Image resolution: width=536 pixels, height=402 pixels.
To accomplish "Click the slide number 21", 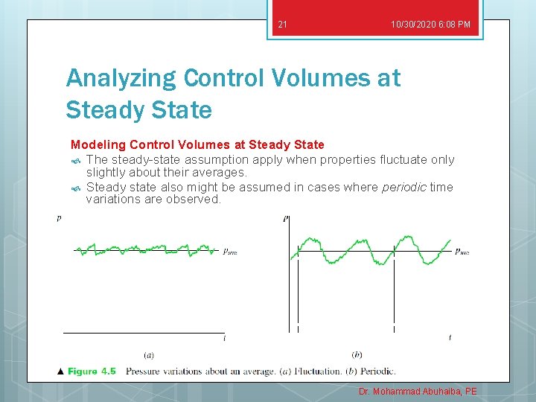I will coord(282,25).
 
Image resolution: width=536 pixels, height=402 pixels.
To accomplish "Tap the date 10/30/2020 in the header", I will coord(415,25).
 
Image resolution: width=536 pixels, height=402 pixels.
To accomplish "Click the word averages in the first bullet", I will coord(219,173).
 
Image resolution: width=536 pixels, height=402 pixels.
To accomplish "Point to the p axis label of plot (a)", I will coord(59,218).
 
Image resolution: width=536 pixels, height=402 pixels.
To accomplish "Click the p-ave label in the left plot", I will coord(230,252).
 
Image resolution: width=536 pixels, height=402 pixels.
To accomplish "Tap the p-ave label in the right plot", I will coord(462,252).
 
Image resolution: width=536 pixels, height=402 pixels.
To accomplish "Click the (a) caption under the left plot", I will coord(149,354).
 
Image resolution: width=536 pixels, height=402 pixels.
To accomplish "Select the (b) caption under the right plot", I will coord(357,354).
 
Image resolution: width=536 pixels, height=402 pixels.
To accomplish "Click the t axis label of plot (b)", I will coord(450,338).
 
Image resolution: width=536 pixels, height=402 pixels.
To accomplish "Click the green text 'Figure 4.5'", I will coord(92,371).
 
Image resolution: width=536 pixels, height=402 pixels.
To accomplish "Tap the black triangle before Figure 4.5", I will coord(61,371).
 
